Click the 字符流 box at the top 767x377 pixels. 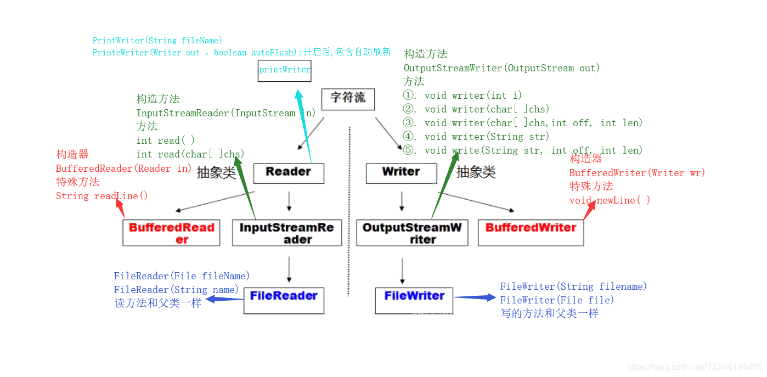coord(348,99)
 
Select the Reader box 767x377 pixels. coord(289,173)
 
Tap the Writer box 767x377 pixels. coord(401,173)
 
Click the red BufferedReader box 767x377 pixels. coord(171,233)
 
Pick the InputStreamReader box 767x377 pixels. coord(286,233)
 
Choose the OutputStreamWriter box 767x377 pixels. coord(412,233)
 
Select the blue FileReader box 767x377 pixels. coord(284,300)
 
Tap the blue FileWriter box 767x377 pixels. coord(414,300)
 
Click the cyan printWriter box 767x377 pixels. coord(285,71)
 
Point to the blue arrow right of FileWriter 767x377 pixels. coord(475,297)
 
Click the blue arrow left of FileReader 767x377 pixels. coord(224,299)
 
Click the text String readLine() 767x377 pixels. coord(101,196)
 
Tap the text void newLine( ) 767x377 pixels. coord(610,200)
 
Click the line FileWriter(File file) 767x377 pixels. coord(557,300)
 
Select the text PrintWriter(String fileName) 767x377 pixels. coord(157,41)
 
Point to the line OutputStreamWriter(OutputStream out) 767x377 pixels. coord(501,68)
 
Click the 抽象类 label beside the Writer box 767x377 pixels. coord(476,172)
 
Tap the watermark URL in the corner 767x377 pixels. coord(694,367)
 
